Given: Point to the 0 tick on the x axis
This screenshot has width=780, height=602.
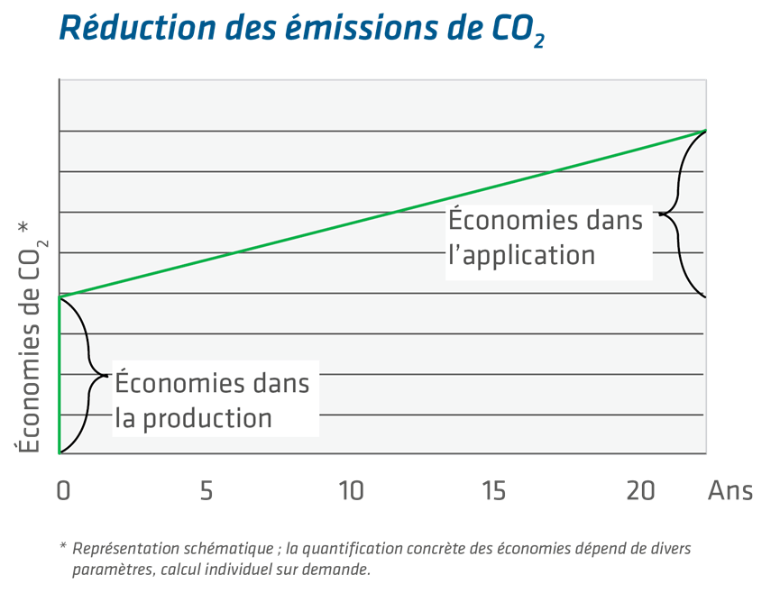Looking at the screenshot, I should [61, 491].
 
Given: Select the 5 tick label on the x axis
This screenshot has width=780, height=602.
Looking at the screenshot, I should [206, 491].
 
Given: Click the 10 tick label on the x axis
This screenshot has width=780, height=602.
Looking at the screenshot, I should [351, 491].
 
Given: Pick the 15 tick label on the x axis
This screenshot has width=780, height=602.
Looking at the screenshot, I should [494, 491].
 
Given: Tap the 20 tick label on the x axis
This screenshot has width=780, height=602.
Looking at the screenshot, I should [639, 491].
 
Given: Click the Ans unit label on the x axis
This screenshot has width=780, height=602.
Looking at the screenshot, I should [731, 491].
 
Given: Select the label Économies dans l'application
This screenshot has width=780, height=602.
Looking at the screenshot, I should [545, 238].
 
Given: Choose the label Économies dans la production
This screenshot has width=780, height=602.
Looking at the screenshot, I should [211, 401].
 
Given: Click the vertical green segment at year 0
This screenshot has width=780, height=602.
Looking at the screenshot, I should [60, 374].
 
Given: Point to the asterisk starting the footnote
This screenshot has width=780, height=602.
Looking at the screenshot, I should [63, 547].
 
